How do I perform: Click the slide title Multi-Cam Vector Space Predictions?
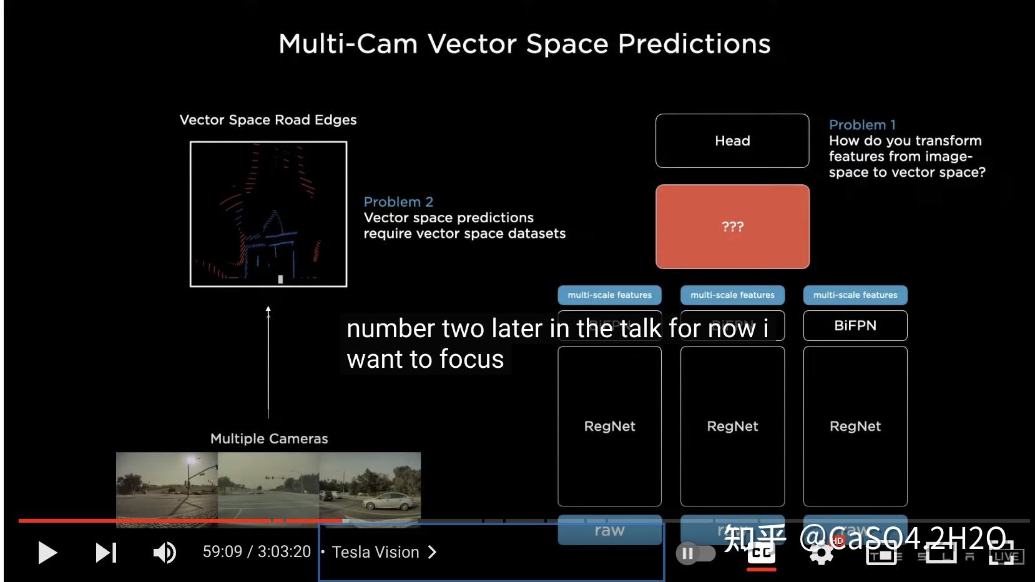(524, 44)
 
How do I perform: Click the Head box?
(732, 141)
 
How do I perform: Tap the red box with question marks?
(732, 227)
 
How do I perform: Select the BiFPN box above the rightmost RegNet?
(855, 325)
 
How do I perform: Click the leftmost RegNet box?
(609, 426)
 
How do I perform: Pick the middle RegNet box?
(732, 426)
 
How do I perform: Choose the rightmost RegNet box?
(855, 426)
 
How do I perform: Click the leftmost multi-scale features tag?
(609, 295)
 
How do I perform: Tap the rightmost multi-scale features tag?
(855, 295)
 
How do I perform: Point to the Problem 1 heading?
(862, 125)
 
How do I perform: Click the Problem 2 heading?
(398, 202)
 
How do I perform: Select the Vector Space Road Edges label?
(268, 120)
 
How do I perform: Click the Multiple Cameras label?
(269, 438)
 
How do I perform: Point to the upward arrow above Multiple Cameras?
(268, 362)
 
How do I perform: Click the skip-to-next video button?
(105, 552)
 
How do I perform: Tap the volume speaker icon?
(165, 552)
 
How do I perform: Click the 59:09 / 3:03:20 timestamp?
(257, 552)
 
